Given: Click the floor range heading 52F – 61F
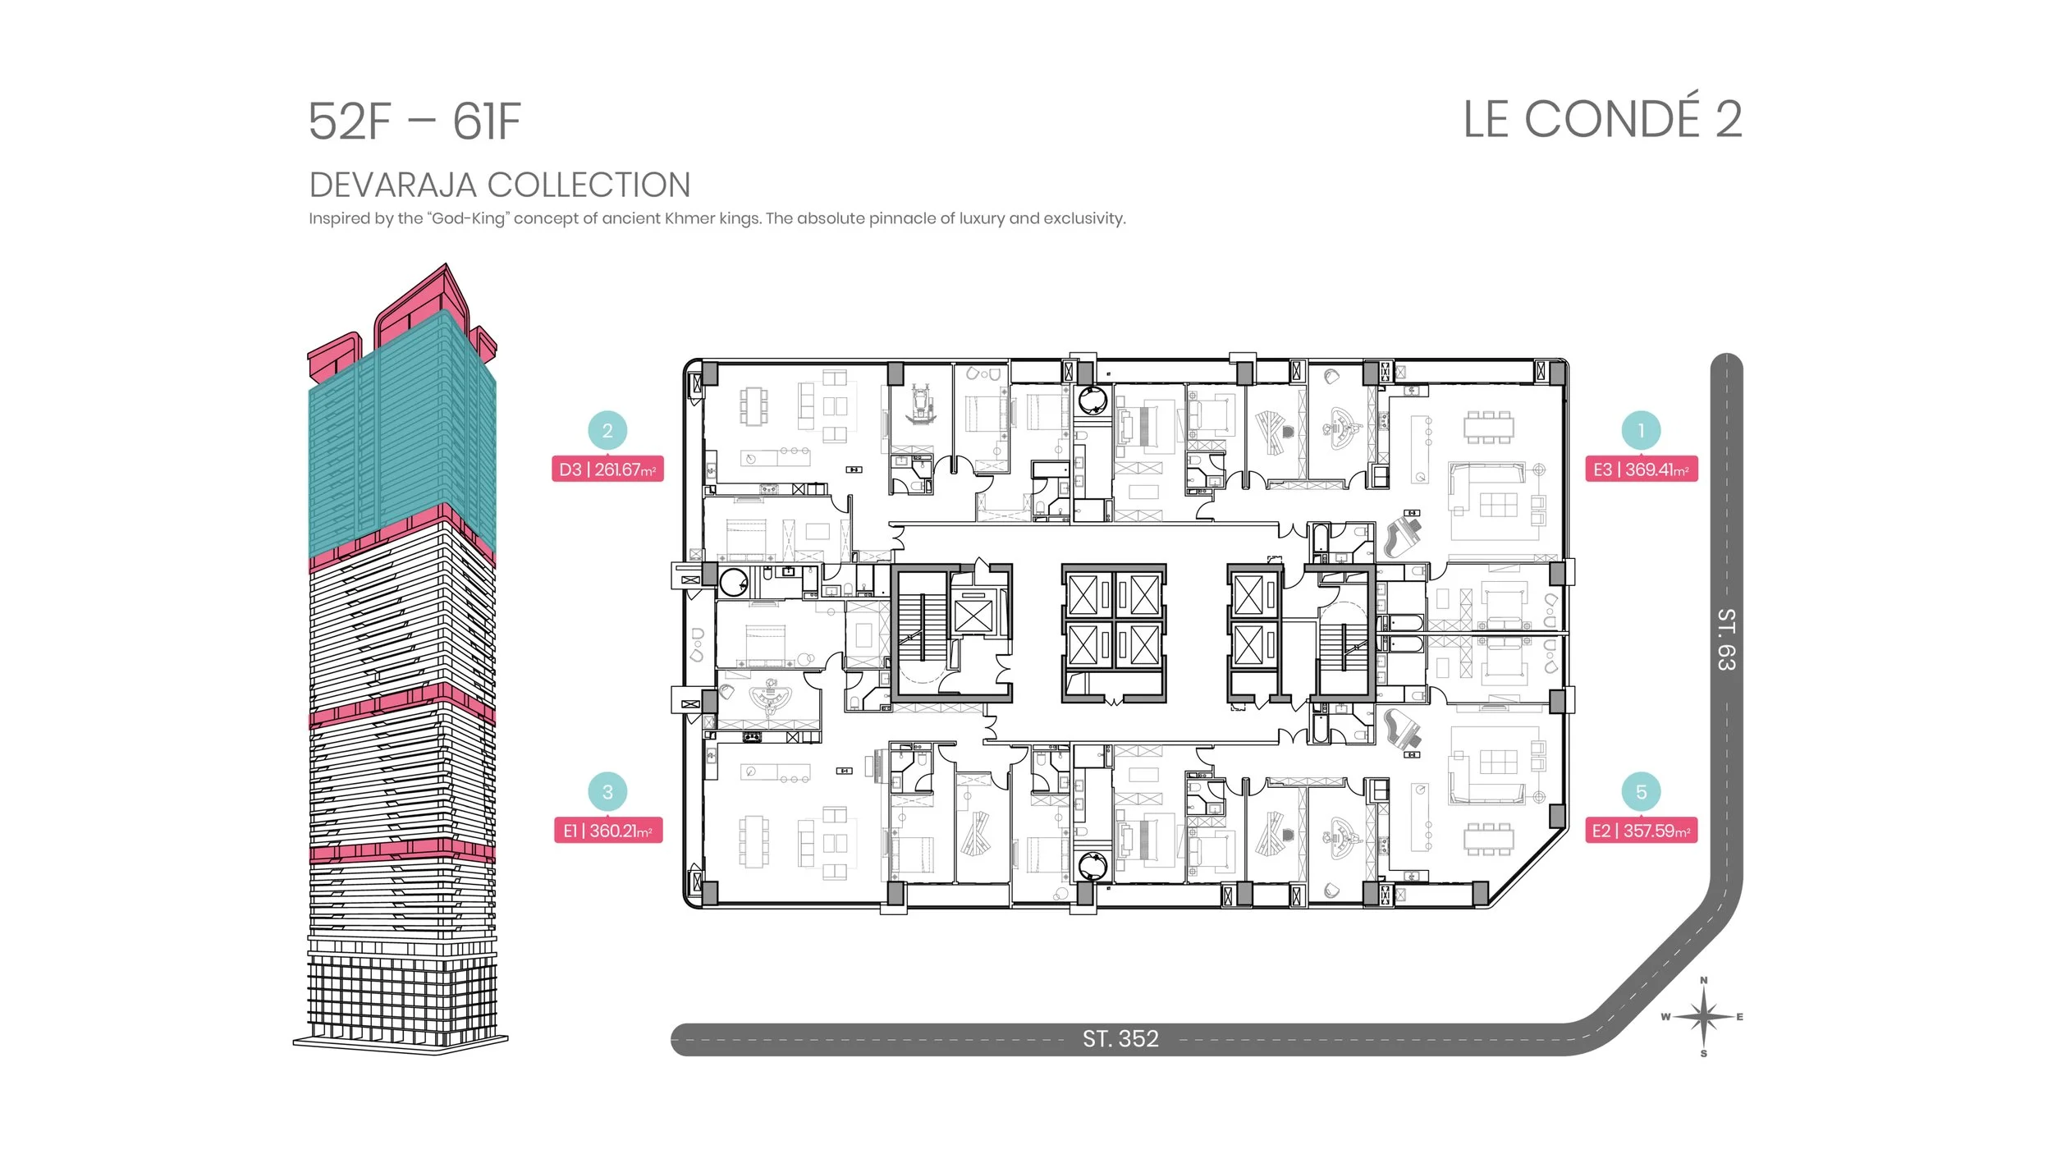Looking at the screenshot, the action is click(x=415, y=121).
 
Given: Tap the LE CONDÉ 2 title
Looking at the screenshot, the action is click(x=1601, y=120).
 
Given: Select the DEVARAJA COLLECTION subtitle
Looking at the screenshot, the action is click(x=499, y=185).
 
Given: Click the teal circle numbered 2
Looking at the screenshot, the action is click(x=607, y=430).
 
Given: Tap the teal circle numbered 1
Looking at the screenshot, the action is click(x=1641, y=430).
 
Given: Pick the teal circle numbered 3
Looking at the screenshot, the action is click(x=607, y=792).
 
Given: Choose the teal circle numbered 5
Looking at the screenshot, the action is click(x=1641, y=792).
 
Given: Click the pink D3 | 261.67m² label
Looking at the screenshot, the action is click(x=607, y=469).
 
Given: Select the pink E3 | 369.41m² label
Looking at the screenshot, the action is click(x=1641, y=469).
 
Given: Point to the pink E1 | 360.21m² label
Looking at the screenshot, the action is click(x=607, y=831).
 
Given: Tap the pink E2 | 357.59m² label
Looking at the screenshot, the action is click(x=1641, y=831).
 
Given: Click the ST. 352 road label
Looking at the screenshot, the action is click(x=1120, y=1039).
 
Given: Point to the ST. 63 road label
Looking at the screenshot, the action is click(x=1726, y=639).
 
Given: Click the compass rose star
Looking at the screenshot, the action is click(x=1704, y=1017).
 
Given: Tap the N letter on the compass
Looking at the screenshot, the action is click(x=1704, y=980).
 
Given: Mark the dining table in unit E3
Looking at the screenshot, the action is click(x=1489, y=427).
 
